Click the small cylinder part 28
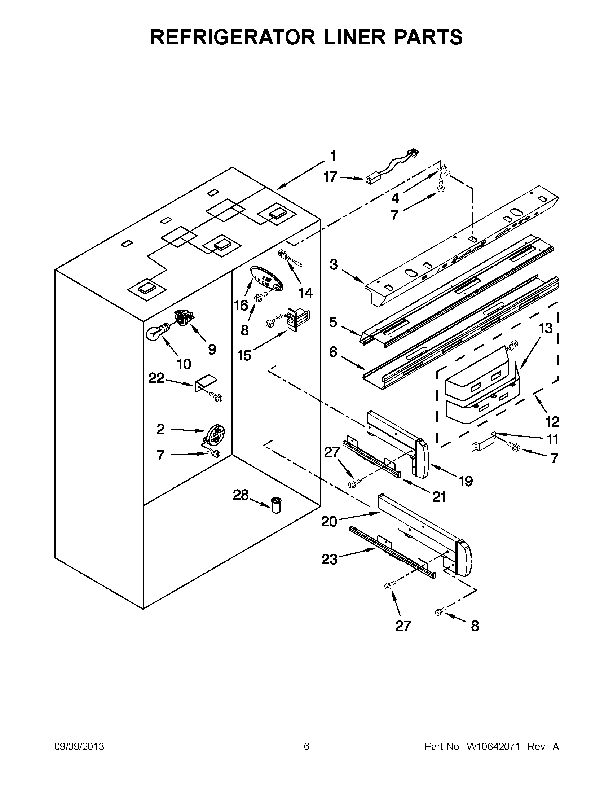(x=276, y=506)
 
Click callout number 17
(x=330, y=177)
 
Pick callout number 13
(x=546, y=328)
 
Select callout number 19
(x=466, y=481)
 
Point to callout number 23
(x=329, y=559)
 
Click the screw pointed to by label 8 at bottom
(x=439, y=613)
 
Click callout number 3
(x=334, y=264)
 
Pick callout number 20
(x=329, y=522)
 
